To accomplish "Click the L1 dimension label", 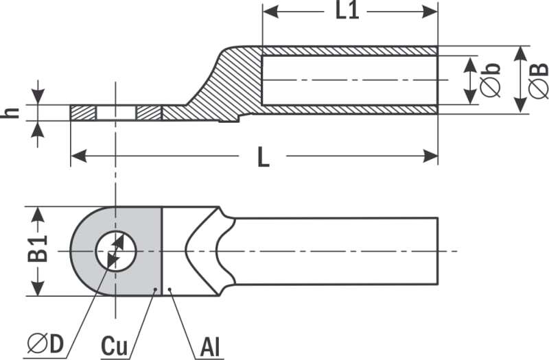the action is (x=347, y=11).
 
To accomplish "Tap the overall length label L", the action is (x=264, y=157).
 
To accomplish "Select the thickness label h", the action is (x=10, y=112).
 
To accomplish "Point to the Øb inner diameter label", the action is (x=490, y=80).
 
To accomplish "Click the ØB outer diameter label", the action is (x=538, y=80).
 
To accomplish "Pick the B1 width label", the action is (x=37, y=249).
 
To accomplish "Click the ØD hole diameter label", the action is (x=46, y=344).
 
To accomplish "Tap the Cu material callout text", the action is (x=115, y=346).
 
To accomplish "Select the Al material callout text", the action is (x=210, y=347).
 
